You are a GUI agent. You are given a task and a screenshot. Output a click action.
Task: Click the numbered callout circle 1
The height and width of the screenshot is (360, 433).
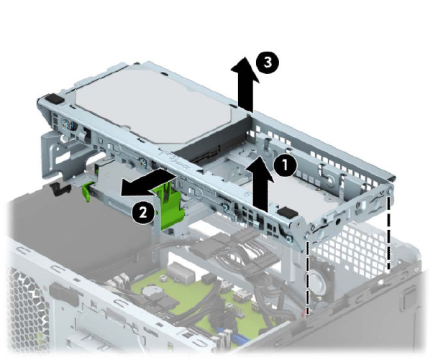click(286, 165)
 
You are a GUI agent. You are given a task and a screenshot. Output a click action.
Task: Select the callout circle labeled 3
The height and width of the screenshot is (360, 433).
click(267, 63)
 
